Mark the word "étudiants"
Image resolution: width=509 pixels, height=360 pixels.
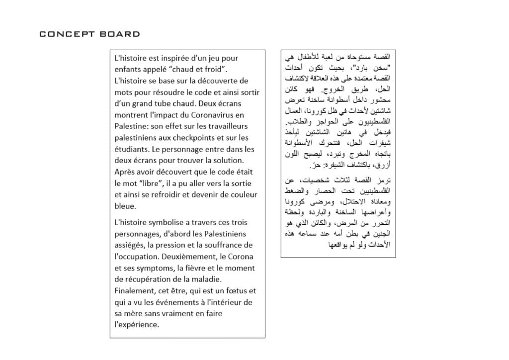(131, 149)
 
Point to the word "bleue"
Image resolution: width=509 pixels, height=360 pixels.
(124, 206)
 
